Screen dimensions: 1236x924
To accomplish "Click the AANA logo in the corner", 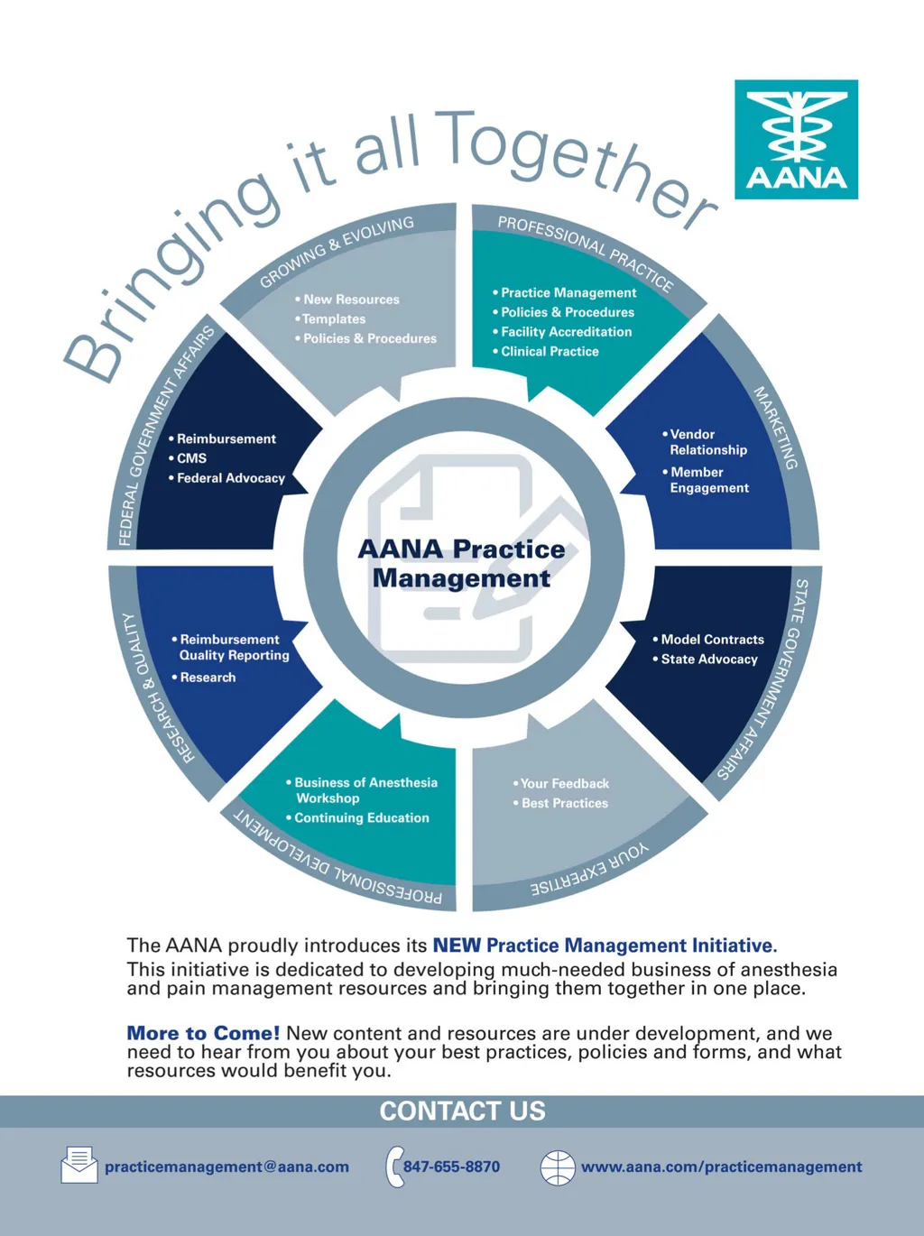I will [x=796, y=139].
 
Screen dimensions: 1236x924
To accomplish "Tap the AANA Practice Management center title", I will [x=461, y=563].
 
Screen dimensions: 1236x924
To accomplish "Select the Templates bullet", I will [x=333, y=319].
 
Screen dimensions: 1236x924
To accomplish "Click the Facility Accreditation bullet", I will [x=566, y=332].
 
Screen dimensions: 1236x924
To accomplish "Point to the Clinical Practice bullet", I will [x=550, y=352].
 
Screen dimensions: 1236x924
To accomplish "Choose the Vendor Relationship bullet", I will [x=707, y=442].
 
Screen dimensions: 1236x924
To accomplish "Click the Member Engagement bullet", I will [x=708, y=480].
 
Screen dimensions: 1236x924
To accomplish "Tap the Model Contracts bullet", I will [x=712, y=640].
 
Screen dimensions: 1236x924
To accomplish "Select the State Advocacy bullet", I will [x=708, y=660].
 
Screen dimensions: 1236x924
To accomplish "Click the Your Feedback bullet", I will [x=564, y=784].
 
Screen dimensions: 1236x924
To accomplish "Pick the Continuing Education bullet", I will [x=361, y=818].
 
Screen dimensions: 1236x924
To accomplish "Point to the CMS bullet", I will [x=191, y=458].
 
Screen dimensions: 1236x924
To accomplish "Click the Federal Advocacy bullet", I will [x=230, y=478].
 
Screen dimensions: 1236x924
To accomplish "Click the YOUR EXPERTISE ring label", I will [x=590, y=871].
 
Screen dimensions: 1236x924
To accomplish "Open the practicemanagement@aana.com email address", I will [x=226, y=1167].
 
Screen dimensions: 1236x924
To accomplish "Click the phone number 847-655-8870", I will [x=451, y=1167].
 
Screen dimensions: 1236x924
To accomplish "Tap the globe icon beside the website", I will [x=558, y=1167].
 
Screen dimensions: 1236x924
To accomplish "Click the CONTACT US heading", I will [x=462, y=1111].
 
